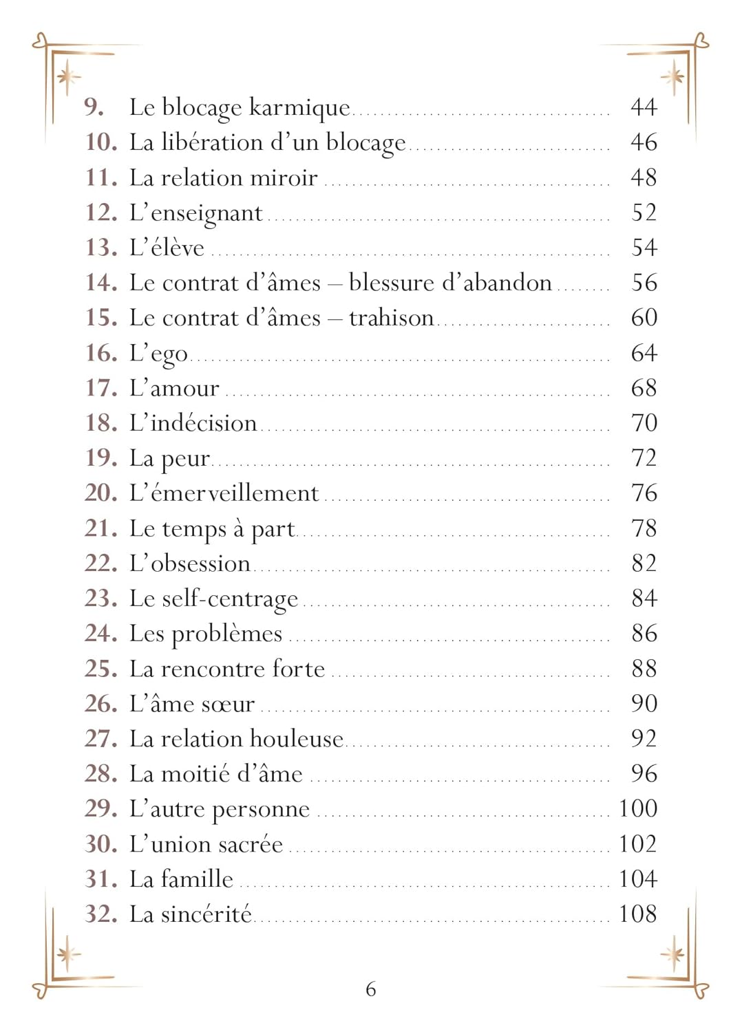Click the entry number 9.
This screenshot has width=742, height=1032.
[x=94, y=107]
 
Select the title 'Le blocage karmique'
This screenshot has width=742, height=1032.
[x=240, y=107]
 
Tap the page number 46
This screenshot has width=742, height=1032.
[x=644, y=142]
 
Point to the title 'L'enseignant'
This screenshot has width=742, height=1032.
[x=195, y=213]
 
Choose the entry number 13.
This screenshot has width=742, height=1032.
[x=101, y=248]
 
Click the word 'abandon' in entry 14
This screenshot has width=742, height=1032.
[x=509, y=283]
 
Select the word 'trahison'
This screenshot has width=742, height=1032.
[x=391, y=318]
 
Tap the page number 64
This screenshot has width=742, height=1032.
[x=644, y=353]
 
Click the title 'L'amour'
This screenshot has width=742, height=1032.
[x=174, y=388]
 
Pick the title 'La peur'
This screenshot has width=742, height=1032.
[x=169, y=458]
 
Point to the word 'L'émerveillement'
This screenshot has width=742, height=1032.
[x=224, y=493]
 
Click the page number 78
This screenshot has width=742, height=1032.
[x=644, y=528]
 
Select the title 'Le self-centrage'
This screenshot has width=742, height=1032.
[x=213, y=599]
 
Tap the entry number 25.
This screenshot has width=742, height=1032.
[x=101, y=668]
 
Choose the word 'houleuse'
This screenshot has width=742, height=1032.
[x=296, y=738]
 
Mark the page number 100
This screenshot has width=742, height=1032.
[x=637, y=808]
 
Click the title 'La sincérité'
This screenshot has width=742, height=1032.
[x=191, y=914]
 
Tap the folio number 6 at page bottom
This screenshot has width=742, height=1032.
[x=370, y=989]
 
